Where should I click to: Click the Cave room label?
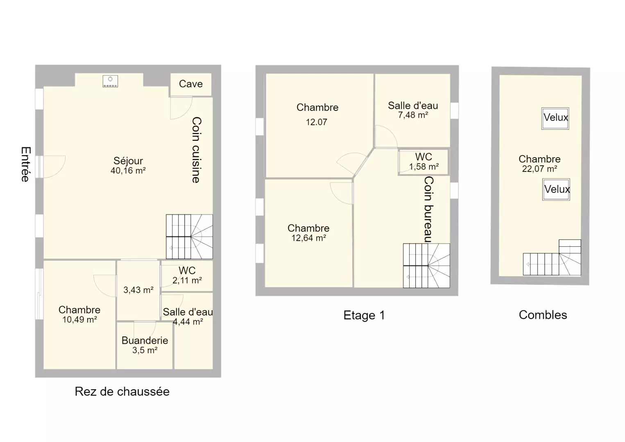[191, 83]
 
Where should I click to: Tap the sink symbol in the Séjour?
[110, 81]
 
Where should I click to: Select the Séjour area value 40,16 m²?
[128, 170]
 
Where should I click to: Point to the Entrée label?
[25, 164]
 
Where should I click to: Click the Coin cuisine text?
[197, 150]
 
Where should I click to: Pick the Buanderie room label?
[145, 340]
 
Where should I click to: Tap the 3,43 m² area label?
[138, 290]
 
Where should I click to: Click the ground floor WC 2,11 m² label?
[187, 275]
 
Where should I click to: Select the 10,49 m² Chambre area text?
[79, 320]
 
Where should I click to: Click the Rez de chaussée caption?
[122, 392]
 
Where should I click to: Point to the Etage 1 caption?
[364, 316]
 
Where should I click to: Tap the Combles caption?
[543, 315]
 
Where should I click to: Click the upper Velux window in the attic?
[555, 118]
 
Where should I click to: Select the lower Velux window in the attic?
[556, 189]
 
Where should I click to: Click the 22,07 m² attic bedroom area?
[540, 169]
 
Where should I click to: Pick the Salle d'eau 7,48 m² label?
[413, 110]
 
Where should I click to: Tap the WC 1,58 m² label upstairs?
[424, 162]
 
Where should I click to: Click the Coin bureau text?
[429, 209]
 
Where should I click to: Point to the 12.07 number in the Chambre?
[317, 122]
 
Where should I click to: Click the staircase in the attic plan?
[552, 258]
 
